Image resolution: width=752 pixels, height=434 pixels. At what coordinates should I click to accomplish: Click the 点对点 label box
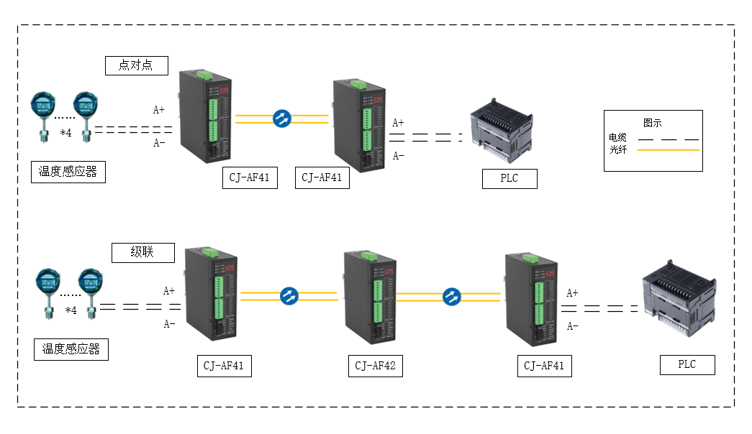pyautogui.click(x=137, y=65)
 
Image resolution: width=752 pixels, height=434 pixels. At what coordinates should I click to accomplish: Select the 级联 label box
pyautogui.click(x=143, y=253)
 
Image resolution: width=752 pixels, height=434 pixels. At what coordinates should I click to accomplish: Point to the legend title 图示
pyautogui.click(x=652, y=123)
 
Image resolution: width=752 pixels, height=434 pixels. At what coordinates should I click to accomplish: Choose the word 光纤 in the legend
pyautogui.click(x=617, y=149)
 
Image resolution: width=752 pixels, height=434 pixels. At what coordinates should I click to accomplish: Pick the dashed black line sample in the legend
pyautogui.click(x=669, y=138)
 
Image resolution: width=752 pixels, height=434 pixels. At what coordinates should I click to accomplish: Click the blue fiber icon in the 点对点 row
pyautogui.click(x=281, y=119)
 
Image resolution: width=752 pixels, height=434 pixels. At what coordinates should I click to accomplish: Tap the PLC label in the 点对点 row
pyautogui.click(x=509, y=178)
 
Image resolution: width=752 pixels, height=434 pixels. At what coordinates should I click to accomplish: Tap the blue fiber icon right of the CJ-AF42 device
pyautogui.click(x=451, y=296)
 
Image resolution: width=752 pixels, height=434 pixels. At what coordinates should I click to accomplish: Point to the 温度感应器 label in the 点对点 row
pyautogui.click(x=68, y=172)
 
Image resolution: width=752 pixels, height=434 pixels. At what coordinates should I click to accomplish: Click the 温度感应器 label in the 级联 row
pyautogui.click(x=71, y=349)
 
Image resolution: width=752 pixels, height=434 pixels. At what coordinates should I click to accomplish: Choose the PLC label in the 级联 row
pyautogui.click(x=687, y=364)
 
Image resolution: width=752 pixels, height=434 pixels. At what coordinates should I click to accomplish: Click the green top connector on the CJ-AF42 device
pyautogui.click(x=369, y=257)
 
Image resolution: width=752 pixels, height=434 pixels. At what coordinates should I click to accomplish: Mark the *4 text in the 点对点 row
pyautogui.click(x=65, y=133)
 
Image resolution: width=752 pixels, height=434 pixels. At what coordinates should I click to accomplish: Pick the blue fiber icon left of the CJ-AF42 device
pyautogui.click(x=289, y=295)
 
